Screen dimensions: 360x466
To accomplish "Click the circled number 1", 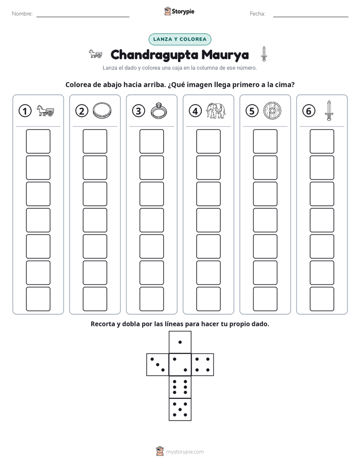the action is tap(25, 111).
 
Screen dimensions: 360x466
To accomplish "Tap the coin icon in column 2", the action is tap(102, 111).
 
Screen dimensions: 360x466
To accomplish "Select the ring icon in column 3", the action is tap(159, 111).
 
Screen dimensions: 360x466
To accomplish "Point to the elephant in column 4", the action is tap(216, 111).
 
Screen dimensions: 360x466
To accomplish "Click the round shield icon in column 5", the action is tap(272, 111).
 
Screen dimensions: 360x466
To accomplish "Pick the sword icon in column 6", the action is tap(329, 110).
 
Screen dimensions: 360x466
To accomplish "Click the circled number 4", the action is tap(195, 111).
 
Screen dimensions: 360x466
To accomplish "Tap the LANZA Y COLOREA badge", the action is tap(179, 39).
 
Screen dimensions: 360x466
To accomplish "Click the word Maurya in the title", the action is tap(225, 55).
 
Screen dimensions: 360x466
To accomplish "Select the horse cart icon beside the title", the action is tap(96, 54).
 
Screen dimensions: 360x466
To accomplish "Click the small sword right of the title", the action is tap(264, 54).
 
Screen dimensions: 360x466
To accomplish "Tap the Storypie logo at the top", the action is tap(179, 11).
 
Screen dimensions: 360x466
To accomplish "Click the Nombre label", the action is tap(22, 14).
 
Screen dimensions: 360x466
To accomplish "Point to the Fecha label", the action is tap(257, 14).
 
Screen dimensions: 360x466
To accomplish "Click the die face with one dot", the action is tap(180, 342).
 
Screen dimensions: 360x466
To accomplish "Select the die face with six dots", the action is tap(180, 387).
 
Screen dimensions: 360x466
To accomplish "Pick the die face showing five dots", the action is tap(180, 410).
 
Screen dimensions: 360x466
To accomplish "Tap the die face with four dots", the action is tap(203, 365).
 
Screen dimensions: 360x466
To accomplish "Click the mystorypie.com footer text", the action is tap(185, 452).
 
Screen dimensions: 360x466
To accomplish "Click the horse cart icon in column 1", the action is tap(45, 111).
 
